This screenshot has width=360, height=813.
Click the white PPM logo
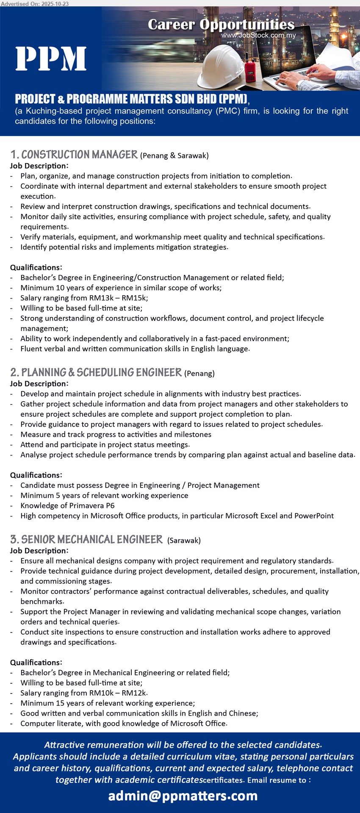click(51, 59)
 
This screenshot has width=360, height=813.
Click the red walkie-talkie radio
click(250, 70)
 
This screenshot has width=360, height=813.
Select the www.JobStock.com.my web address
click(258, 35)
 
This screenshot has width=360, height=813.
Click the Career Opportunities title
click(221, 25)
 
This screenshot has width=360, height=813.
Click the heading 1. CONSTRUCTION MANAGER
click(74, 155)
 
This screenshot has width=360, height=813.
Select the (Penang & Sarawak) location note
click(174, 155)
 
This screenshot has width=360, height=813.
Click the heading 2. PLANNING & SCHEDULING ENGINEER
click(96, 372)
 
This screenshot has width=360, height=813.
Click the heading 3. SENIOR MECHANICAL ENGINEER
click(86, 539)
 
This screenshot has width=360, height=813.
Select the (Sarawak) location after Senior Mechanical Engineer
click(184, 540)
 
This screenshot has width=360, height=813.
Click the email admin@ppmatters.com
click(183, 796)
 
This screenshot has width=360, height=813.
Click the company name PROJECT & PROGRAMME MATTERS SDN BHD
click(131, 99)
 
